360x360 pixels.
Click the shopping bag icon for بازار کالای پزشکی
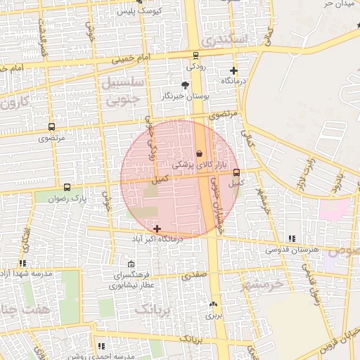tap(199, 153)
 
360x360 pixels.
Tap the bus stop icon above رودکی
tap(195, 56)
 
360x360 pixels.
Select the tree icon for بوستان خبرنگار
tap(185, 84)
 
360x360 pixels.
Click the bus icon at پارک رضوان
tap(67, 188)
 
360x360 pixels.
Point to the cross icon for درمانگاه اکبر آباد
tap(156, 229)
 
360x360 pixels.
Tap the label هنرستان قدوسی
tap(292, 250)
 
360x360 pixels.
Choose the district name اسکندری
tap(224, 41)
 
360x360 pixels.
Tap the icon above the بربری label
tap(214, 304)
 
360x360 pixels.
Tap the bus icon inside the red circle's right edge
tap(236, 172)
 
